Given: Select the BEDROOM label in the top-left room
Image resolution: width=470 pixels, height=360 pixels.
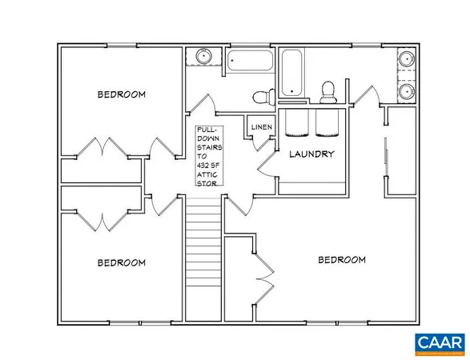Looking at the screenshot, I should click(x=122, y=94).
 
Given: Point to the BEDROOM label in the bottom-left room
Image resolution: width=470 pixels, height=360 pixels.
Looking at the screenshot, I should click(x=122, y=262).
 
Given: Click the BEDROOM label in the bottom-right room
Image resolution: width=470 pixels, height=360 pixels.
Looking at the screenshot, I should click(x=342, y=260).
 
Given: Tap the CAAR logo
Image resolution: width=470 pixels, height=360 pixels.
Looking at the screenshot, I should click(x=440, y=343).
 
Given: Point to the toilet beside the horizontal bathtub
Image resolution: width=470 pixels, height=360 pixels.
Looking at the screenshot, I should click(x=260, y=98).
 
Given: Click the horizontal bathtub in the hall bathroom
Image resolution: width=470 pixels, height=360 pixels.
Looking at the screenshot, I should click(x=250, y=60).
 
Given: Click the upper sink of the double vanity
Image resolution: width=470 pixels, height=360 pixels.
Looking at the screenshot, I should click(x=405, y=60).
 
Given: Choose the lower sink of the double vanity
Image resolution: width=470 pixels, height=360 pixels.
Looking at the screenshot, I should click(x=405, y=90).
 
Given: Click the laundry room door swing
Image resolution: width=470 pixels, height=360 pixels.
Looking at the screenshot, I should click(x=265, y=163).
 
